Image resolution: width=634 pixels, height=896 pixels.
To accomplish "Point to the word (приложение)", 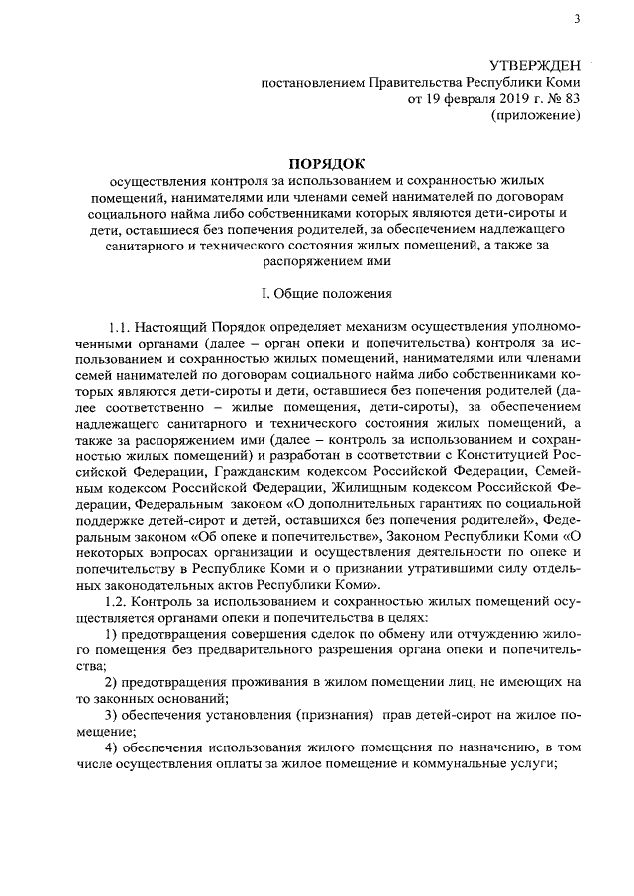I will tap(536, 116).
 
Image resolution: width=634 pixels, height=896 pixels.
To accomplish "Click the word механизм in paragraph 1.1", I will tap(330, 326).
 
